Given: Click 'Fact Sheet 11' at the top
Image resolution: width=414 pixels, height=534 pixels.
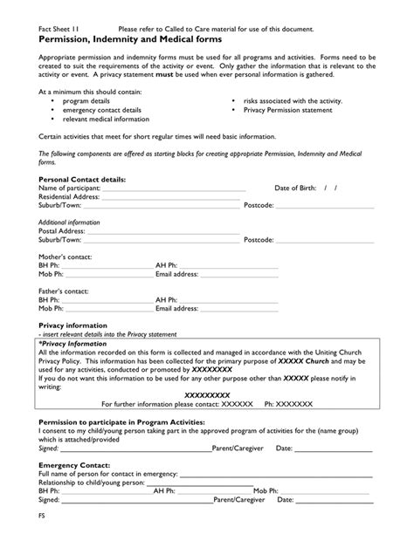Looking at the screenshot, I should [x=60, y=30].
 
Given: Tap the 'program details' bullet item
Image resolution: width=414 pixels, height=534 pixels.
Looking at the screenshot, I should [x=86, y=102].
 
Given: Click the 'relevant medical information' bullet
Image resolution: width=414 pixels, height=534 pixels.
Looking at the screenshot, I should [x=106, y=120].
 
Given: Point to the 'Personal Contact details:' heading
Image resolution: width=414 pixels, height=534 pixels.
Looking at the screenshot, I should [x=82, y=179].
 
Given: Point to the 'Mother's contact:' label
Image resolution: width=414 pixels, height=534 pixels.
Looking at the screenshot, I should [x=65, y=257].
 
